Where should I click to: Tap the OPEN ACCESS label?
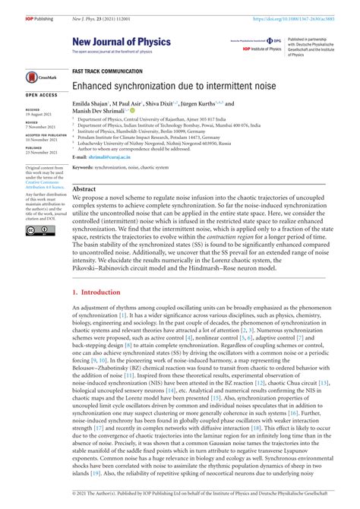click(41, 96)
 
